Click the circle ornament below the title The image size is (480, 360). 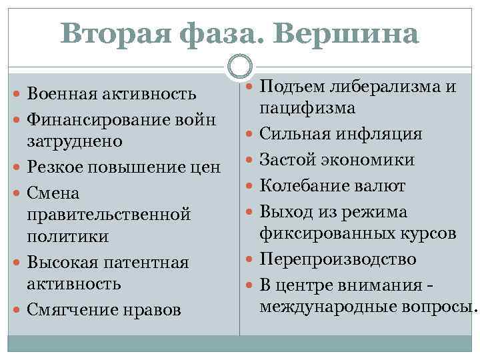click(240, 66)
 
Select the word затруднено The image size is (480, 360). click(74, 141)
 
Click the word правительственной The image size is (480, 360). click(109, 215)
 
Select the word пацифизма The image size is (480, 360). click(307, 107)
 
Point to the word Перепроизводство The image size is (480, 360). click(338, 259)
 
